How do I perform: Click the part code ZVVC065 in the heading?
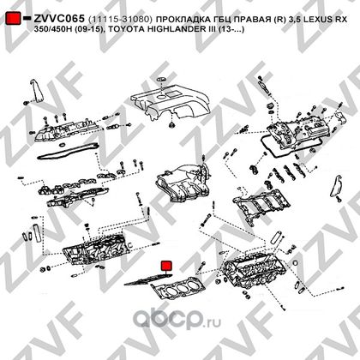(x=59, y=19)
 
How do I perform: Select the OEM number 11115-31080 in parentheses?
(x=120, y=20)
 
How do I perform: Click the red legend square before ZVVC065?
(x=13, y=18)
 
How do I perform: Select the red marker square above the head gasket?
(x=166, y=266)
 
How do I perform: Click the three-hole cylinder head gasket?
(x=178, y=288)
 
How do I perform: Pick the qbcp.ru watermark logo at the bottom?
(x=177, y=318)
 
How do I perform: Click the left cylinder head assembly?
(x=97, y=249)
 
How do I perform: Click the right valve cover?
(x=298, y=130)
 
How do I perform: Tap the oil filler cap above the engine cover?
(x=161, y=79)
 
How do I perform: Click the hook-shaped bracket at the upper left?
(x=36, y=90)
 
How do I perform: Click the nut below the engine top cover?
(x=171, y=125)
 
